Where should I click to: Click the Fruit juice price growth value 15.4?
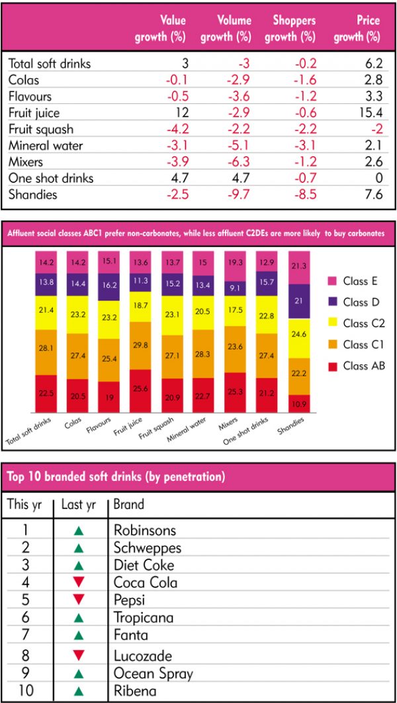(369, 113)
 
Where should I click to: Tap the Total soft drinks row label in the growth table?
(50, 64)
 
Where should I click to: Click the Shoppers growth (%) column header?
(290, 29)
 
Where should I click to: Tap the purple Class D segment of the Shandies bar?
(300, 301)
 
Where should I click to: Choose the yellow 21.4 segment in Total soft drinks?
(46, 310)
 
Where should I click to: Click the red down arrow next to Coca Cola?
(79, 582)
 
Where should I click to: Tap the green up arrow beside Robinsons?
(79, 530)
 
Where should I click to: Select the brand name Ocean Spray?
(153, 674)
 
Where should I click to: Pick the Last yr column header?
(79, 504)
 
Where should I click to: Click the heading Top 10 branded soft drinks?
(116, 476)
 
